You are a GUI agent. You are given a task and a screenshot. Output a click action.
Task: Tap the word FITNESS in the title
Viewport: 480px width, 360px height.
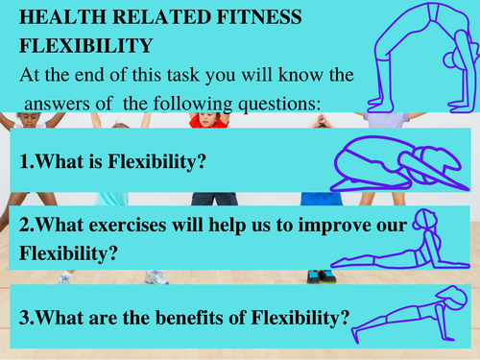click(x=259, y=19)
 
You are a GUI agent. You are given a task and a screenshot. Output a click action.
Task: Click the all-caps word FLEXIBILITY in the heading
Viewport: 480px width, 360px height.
click(x=84, y=46)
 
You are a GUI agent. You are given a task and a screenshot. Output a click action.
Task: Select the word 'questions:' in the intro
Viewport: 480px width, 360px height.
click(x=278, y=99)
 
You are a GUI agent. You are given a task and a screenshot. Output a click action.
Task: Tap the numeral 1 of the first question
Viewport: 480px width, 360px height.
click(x=24, y=162)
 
